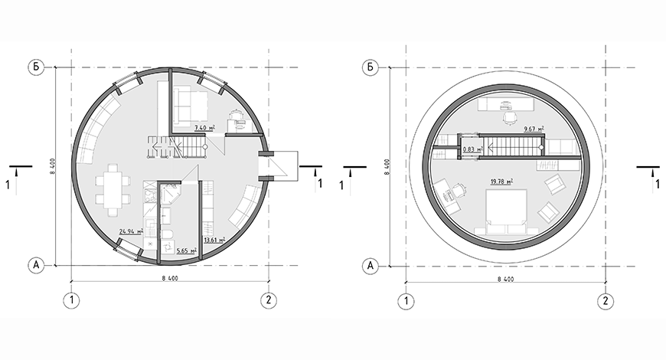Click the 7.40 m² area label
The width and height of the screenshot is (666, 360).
point(204,127)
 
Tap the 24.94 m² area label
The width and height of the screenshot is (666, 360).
point(131,231)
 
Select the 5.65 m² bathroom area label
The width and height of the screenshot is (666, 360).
point(187,250)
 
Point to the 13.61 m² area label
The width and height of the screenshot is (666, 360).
point(214,241)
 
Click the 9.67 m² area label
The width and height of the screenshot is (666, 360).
point(534,129)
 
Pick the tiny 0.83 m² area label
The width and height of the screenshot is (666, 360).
point(473,149)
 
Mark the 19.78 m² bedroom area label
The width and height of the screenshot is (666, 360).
point(501,182)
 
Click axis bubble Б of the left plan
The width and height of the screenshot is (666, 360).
point(36,67)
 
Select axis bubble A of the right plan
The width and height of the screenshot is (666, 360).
point(371,266)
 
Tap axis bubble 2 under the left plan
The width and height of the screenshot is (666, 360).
point(269,300)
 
